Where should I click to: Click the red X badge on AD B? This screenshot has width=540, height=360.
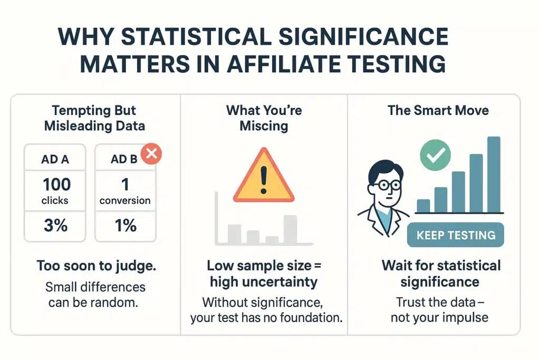click(151, 153)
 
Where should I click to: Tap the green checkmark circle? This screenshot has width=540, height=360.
click(435, 155)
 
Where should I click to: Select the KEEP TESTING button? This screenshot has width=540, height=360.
click(455, 235)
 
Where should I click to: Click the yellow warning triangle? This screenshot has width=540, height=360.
click(264, 175)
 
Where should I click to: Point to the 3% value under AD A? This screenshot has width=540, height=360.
click(55, 226)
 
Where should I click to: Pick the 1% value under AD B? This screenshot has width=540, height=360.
click(126, 226)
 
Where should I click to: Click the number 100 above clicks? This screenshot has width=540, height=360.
click(56, 184)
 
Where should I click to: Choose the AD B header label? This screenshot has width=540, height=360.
click(124, 159)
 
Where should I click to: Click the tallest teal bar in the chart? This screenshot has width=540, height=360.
click(494, 174)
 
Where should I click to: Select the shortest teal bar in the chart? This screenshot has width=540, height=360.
click(423, 206)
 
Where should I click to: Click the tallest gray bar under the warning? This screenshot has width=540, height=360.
click(291, 230)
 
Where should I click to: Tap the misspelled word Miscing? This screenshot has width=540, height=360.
click(264, 126)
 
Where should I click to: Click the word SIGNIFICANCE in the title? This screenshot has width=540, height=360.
click(363, 36)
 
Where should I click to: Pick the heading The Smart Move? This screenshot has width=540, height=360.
click(438, 111)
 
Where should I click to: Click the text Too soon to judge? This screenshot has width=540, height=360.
click(97, 266)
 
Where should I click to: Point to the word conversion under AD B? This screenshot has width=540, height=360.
click(125, 200)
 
